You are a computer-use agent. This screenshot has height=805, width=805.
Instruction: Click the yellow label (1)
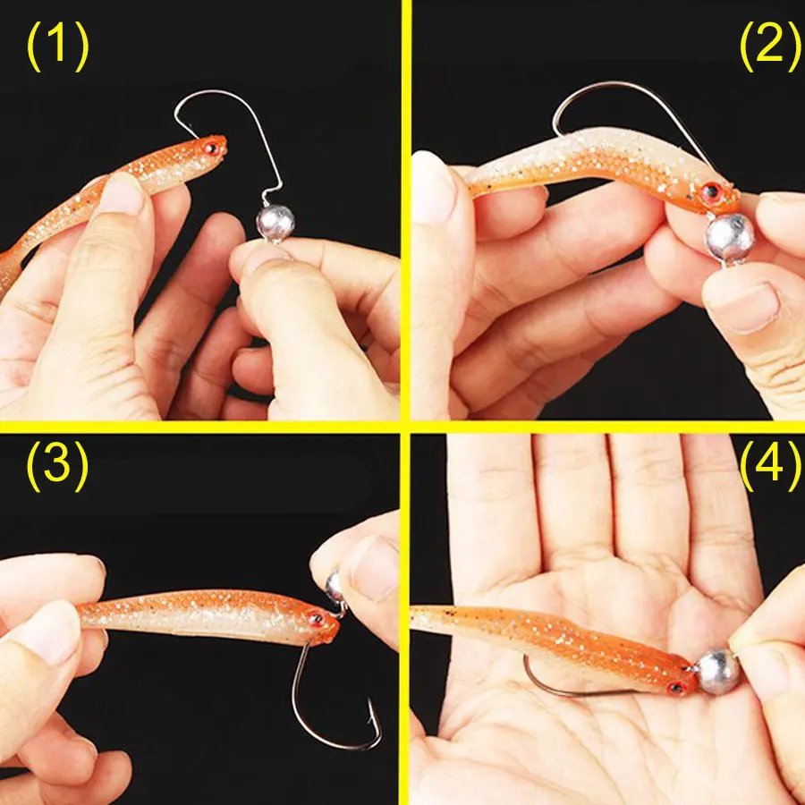tap(57, 47)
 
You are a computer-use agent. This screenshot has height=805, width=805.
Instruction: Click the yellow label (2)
tap(770, 47)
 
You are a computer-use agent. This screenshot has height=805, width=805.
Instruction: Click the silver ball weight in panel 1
tap(275, 223)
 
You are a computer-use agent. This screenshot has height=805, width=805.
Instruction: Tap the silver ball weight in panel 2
tap(730, 238)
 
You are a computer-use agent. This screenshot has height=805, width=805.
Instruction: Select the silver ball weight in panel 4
tap(717, 672)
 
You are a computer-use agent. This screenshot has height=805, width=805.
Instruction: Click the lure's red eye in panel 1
tap(211, 148)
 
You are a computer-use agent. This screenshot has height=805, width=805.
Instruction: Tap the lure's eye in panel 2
tap(710, 192)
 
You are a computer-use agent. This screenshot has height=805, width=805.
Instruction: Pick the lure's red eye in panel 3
tap(315, 619)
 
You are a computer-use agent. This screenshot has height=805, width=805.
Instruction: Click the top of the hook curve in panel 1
tap(216, 91)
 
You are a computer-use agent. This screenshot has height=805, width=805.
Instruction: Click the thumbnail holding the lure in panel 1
tap(122, 195)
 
